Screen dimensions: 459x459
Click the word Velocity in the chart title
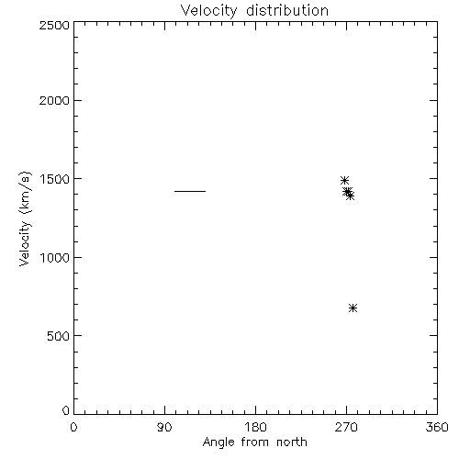tap(209, 11)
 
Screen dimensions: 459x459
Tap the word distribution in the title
tap(287, 10)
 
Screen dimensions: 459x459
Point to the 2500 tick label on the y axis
tap(54, 25)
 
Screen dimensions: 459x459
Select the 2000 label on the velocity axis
tap(54, 101)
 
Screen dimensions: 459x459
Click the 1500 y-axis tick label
tap(55, 179)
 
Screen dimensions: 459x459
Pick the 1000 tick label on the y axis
tap(55, 258)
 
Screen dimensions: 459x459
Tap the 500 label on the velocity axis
tap(59, 336)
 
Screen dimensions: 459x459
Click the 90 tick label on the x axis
tap(164, 427)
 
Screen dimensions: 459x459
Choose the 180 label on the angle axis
tap(255, 427)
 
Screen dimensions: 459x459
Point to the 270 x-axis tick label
tap(346, 427)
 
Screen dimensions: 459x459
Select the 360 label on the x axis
tap(437, 427)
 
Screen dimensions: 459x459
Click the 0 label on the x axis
tap(73, 427)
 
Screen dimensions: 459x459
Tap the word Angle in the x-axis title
tap(218, 443)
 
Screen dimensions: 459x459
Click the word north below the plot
tap(292, 442)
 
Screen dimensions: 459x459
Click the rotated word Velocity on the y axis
tap(25, 243)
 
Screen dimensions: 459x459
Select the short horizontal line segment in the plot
tap(190, 191)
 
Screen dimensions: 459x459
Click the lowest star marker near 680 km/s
tap(353, 308)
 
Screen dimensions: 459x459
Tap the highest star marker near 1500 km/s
tap(344, 180)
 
